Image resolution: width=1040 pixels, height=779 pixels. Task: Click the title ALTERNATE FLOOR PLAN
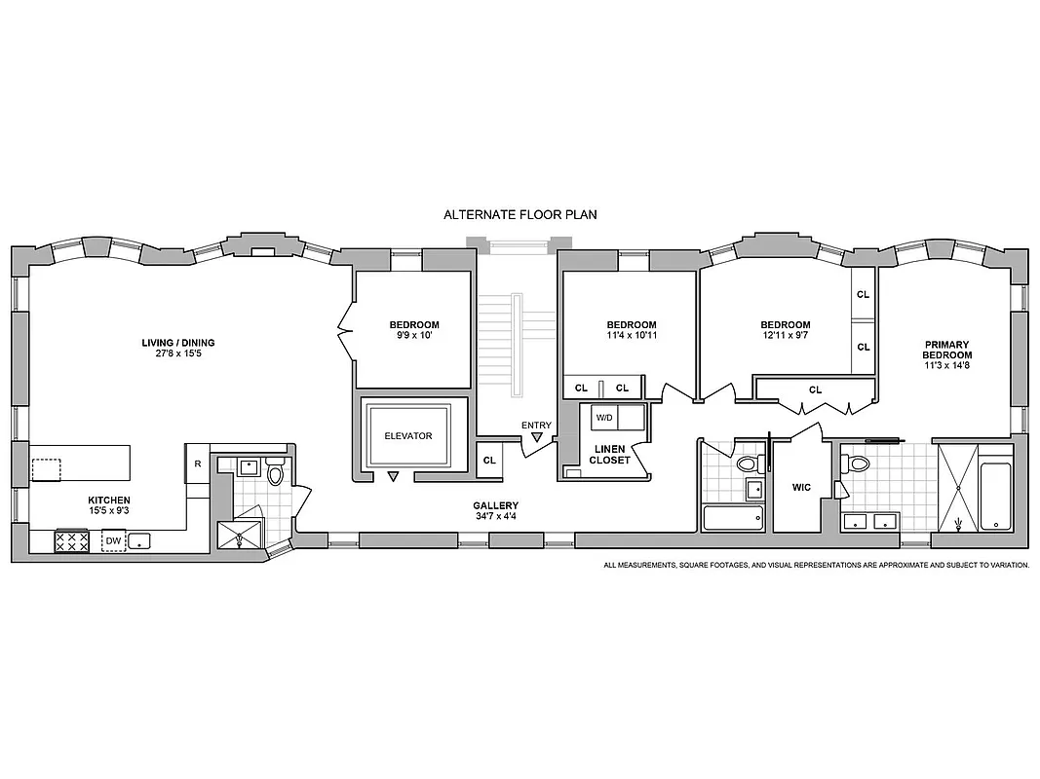[519, 214]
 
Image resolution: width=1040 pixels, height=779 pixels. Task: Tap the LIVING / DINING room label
[177, 343]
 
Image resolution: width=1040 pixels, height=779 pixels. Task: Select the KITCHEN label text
[108, 500]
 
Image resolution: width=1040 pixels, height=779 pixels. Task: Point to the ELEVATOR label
[407, 436]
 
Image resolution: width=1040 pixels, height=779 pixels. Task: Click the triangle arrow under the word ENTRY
[536, 438]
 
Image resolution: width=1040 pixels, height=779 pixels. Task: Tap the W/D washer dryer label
[604, 418]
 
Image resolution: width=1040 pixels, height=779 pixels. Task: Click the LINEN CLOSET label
[610, 455]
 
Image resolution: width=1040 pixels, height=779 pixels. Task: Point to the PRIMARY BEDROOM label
[947, 350]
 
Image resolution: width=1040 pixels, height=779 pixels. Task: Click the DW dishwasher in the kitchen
[113, 540]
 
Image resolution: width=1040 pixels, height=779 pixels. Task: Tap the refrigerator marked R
[197, 464]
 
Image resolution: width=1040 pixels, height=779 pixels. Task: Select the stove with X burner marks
[72, 540]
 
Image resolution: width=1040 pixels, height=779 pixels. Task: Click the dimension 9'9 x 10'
[414, 335]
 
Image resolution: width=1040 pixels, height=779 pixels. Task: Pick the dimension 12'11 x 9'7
[785, 335]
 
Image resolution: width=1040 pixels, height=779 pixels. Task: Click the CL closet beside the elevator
[488, 460]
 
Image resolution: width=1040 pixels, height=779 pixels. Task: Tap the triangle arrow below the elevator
[393, 477]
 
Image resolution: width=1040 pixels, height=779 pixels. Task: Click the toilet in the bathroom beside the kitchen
[275, 474]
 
